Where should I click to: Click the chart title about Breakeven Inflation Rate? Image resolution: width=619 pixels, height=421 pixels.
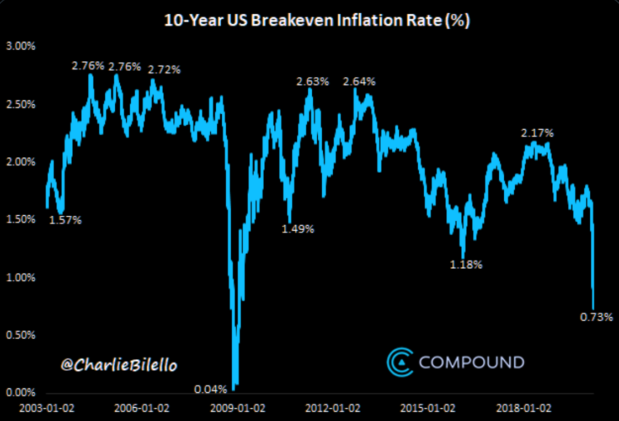tap(317, 21)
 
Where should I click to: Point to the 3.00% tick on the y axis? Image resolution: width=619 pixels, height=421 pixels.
tap(20, 46)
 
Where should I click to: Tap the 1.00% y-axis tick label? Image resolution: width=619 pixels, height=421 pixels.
tap(20, 278)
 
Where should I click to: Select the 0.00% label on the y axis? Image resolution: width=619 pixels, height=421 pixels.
tap(20, 393)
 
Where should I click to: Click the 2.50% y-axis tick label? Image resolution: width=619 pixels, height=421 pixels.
tap(20, 104)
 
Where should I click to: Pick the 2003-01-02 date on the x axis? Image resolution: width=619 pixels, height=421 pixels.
tap(47, 409)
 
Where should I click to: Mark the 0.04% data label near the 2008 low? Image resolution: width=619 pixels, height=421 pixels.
tap(210, 390)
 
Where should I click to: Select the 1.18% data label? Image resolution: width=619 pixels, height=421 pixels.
tap(466, 265)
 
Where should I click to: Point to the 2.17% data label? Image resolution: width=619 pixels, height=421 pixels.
tap(537, 133)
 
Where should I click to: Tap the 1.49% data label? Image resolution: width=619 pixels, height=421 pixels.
tap(297, 229)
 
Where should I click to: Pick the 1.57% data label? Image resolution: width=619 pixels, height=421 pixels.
tap(65, 220)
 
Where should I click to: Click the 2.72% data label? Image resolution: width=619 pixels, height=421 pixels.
tap(164, 70)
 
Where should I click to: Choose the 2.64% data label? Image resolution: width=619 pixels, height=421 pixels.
tap(359, 82)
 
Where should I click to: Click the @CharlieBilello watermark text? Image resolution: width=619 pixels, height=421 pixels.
tap(119, 365)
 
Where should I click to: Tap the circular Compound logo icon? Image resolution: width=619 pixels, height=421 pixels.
tap(399, 362)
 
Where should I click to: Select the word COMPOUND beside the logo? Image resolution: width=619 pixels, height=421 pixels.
tap(472, 363)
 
